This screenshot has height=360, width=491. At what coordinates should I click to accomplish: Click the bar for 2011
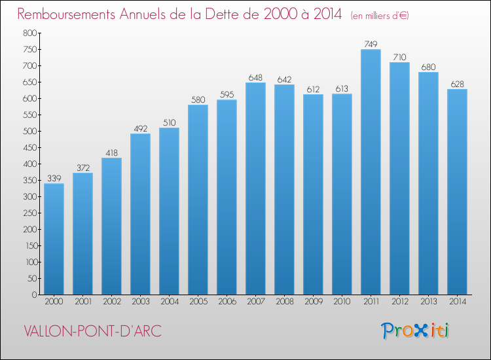tap(371, 172)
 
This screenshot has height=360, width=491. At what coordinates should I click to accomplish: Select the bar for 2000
tap(54, 239)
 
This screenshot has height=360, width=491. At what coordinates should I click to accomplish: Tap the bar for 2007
tap(255, 189)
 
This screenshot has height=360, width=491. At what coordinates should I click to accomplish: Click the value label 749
tap(371, 44)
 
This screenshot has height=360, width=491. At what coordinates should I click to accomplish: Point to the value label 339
tap(54, 178)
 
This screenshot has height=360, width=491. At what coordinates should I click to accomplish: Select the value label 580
tap(198, 99)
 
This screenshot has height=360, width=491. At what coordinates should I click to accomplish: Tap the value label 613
tap(342, 88)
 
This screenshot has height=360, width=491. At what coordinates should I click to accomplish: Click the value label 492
tap(140, 128)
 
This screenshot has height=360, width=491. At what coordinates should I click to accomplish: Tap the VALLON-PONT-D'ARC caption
tap(92, 331)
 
